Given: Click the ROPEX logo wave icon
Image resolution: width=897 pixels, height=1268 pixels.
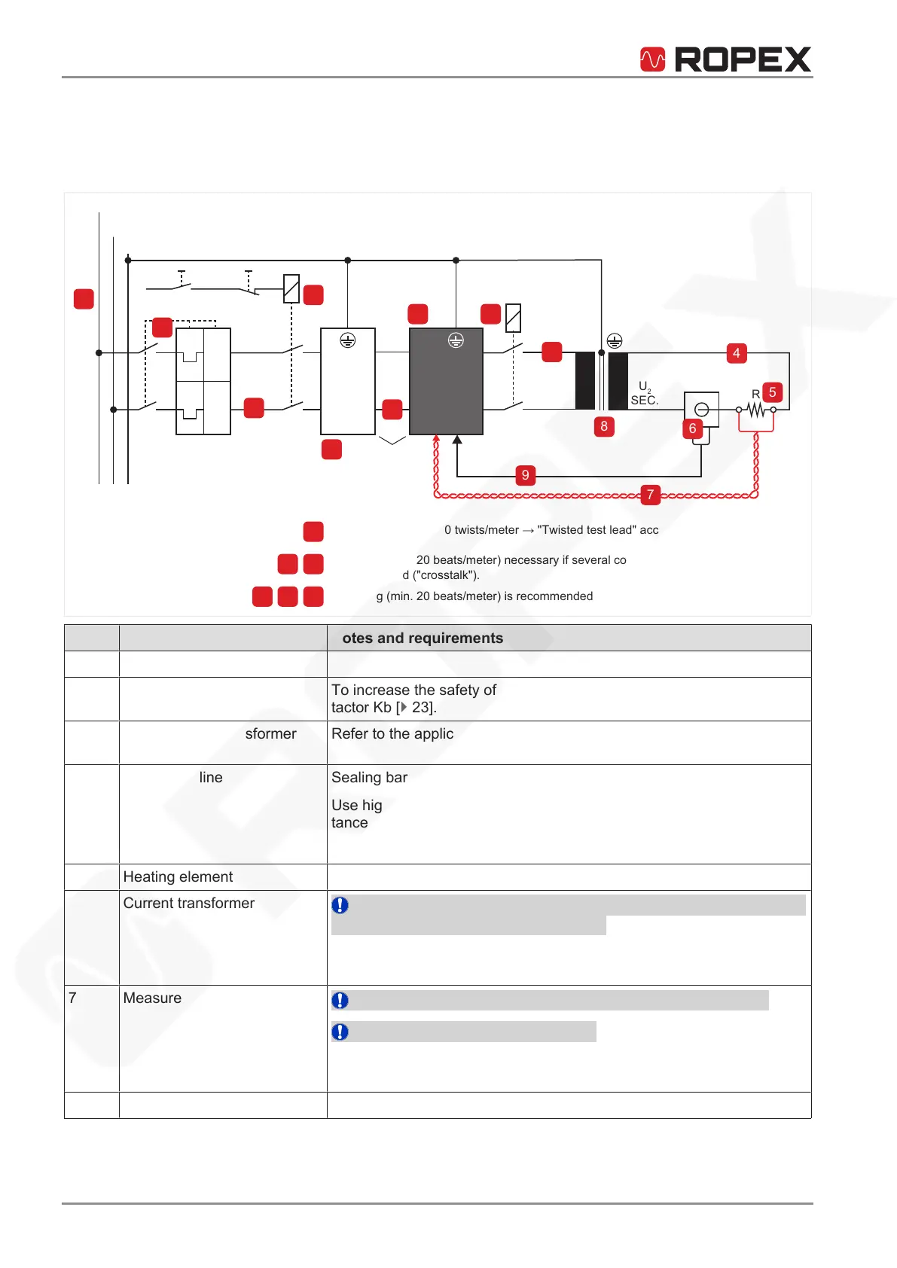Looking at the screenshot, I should point(652,59).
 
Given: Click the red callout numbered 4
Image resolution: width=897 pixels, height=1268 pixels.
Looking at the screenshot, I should point(736,353).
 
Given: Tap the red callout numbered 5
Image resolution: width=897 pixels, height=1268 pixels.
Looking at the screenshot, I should point(772,392).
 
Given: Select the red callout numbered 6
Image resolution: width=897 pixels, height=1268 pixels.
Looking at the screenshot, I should point(692,428).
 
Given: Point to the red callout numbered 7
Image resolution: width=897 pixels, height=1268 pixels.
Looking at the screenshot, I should point(650,495).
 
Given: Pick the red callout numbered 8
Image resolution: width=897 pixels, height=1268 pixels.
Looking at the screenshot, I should point(603,426).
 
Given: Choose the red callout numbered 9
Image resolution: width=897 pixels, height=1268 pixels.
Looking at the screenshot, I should point(525,475).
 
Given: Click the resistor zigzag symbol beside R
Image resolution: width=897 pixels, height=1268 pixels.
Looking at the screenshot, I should point(755,410).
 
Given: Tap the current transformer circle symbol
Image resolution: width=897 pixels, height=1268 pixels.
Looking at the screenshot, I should point(701,410).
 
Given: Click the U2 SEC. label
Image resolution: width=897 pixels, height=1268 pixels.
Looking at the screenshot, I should point(645,393).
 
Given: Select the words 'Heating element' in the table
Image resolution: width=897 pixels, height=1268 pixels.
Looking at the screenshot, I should point(178,877).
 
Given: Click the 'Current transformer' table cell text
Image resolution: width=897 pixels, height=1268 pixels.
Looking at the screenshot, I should point(189,904).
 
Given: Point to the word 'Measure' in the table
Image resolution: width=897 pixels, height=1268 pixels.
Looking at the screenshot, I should point(152,998).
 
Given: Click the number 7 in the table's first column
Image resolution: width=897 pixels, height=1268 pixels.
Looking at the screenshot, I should point(72,998).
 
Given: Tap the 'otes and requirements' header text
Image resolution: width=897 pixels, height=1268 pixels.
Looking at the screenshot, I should point(423,639).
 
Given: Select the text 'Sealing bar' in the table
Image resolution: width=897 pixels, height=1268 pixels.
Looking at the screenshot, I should point(369,778).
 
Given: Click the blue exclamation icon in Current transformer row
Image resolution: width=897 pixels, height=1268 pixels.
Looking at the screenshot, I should point(340,905).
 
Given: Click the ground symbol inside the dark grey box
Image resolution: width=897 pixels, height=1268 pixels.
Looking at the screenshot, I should point(456,340).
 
